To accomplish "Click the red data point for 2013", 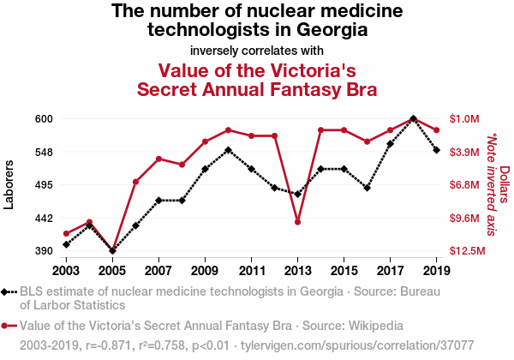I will (297, 222).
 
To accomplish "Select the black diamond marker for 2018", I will (414, 118).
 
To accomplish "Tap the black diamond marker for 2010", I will (228, 150).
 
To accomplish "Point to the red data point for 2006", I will (135, 182).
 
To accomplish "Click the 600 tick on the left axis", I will (45, 118).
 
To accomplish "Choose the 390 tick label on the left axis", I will (45, 251).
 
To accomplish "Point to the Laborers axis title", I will (9, 184).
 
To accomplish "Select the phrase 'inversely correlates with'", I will (257, 50).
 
